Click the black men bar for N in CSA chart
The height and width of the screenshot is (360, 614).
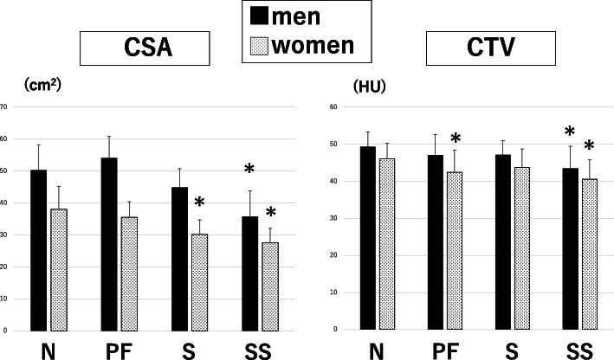[x=38, y=250]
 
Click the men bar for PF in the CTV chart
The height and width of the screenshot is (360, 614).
[x=435, y=242]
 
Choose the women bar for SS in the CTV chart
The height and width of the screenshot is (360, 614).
[x=590, y=254]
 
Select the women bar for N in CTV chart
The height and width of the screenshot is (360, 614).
[x=387, y=244]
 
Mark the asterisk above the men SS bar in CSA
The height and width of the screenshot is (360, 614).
[x=249, y=169]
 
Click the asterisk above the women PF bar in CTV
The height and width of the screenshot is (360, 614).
[x=455, y=138]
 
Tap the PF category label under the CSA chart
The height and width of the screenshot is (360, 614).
[x=119, y=350]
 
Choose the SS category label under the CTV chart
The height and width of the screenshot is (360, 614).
[x=579, y=350]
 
